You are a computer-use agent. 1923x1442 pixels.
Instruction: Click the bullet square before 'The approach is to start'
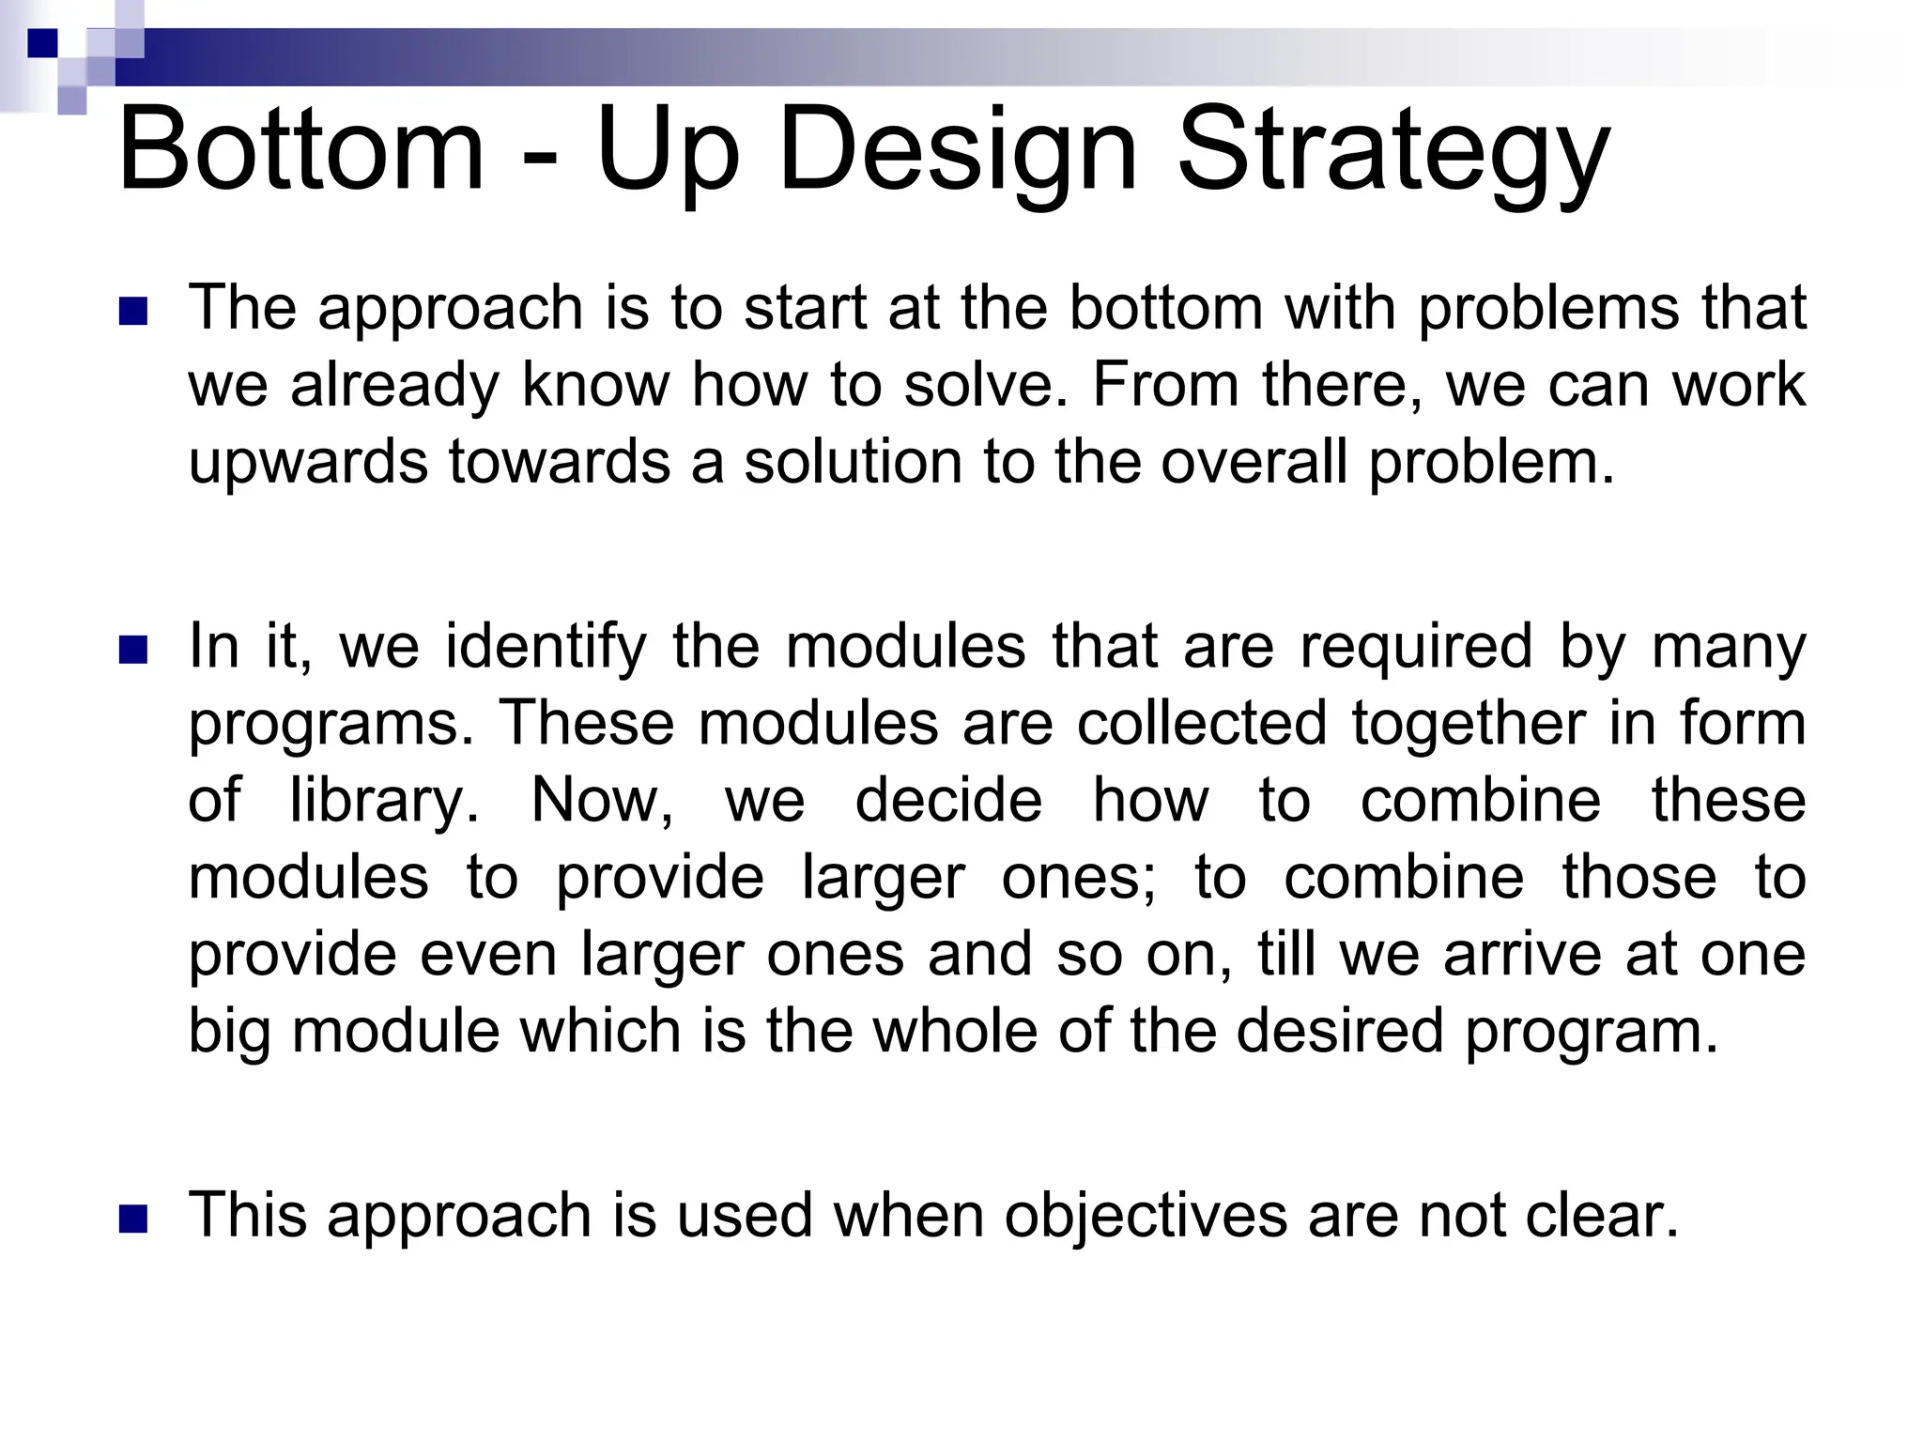click(x=134, y=312)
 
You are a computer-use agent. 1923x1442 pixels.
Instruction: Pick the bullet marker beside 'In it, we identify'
click(x=134, y=650)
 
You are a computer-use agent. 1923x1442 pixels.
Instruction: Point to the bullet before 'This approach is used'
click(x=134, y=1218)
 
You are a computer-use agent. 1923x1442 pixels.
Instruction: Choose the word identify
click(x=546, y=648)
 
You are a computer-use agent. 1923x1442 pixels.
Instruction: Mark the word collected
click(x=1203, y=724)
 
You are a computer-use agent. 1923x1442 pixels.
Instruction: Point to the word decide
click(x=948, y=801)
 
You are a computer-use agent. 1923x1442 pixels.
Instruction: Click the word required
click(x=1416, y=648)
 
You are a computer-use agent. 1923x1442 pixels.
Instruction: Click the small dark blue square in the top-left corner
click(x=43, y=43)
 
